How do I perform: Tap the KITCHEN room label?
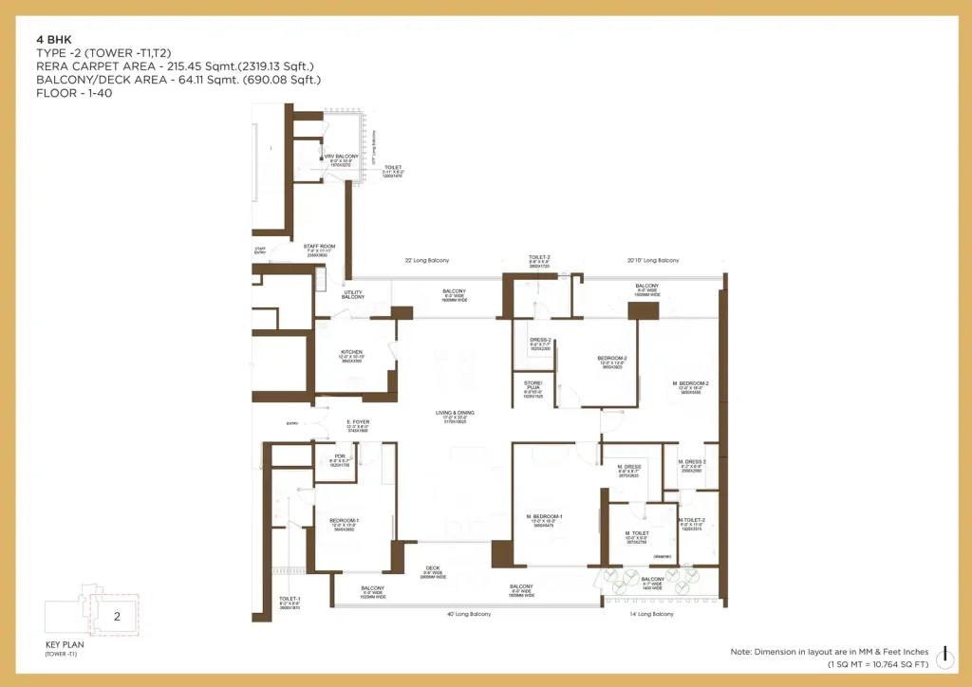[351, 354]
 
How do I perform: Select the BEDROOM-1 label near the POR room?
[343, 521]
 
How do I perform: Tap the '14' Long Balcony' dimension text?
[651, 614]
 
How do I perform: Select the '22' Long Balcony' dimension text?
[427, 260]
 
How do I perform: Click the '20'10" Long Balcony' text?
[653, 260]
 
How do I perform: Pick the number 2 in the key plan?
[117, 616]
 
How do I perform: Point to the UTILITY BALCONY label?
[353, 295]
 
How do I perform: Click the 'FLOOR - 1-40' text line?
[74, 93]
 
